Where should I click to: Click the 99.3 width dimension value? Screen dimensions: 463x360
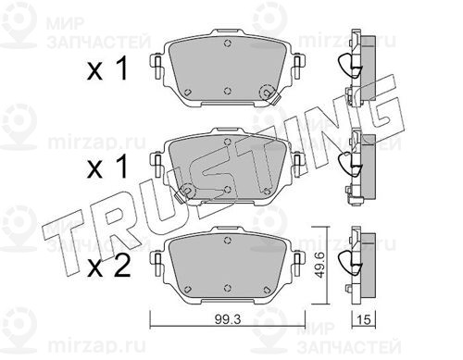point(228,319)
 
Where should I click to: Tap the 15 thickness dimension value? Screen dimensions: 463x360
point(364,319)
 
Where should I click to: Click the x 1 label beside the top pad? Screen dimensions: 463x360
point(107,69)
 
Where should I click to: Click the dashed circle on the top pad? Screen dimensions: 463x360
point(268,92)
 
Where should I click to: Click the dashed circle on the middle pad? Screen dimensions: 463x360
point(187,191)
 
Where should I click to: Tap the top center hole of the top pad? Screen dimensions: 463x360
point(228,43)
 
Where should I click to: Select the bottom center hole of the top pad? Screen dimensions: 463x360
point(228,91)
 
